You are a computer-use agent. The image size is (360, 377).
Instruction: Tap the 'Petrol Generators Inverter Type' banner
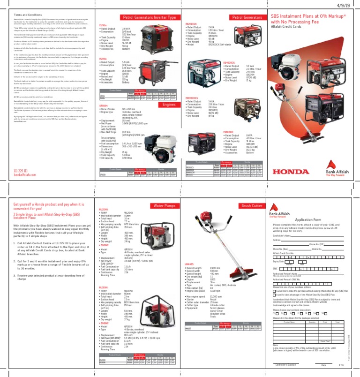[x=149, y=17]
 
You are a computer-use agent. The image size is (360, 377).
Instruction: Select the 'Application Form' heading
[x=307, y=219]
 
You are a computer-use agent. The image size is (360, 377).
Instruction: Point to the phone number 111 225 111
[x=22, y=170]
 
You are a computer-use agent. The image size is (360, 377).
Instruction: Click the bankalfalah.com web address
[x=24, y=174]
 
